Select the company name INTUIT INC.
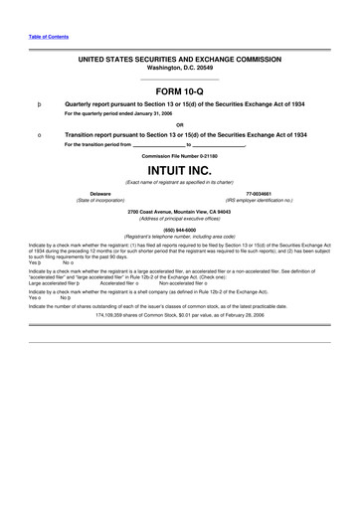click(180, 170)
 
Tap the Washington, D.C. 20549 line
click(180, 70)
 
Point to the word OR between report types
click(180, 124)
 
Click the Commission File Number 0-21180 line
click(180, 156)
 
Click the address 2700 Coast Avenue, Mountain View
click(180, 211)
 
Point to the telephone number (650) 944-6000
click(180, 228)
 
